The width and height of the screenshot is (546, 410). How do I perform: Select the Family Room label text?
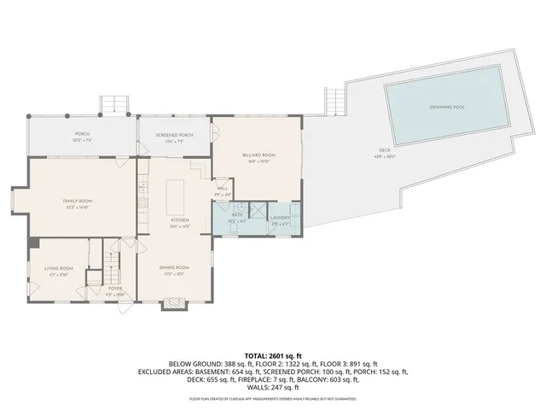point(78,202)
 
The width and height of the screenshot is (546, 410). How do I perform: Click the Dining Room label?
point(174,268)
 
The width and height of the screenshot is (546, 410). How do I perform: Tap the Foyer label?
point(114,289)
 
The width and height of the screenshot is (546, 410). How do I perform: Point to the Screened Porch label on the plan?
point(174,136)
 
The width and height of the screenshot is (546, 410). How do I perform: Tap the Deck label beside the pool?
point(385,151)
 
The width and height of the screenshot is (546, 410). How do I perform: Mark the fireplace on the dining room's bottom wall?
point(173,302)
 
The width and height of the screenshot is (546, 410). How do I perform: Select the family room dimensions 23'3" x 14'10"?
point(78,208)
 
